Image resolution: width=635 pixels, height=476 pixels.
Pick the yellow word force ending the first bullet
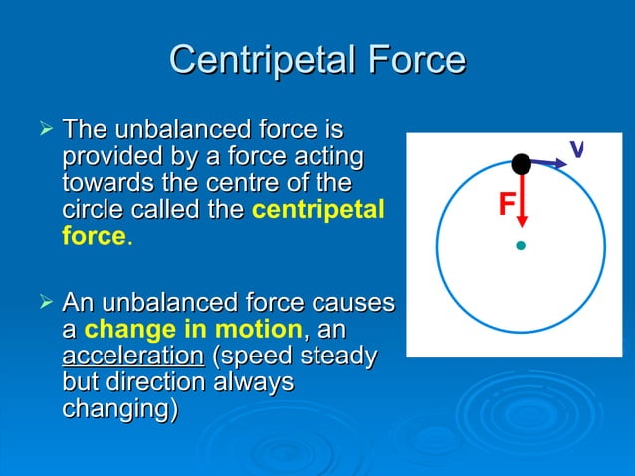[93, 238]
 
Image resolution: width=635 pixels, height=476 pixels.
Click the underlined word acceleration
[132, 356]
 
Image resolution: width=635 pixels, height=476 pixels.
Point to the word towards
[109, 184]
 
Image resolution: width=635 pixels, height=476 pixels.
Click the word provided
[109, 157]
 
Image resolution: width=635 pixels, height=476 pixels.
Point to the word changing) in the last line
[119, 409]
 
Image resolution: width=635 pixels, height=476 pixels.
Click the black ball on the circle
[521, 164]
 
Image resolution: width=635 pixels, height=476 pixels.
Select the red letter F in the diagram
[507, 205]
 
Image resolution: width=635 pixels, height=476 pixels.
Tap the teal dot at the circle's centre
[520, 244]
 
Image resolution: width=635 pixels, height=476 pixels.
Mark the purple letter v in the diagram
[576, 149]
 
